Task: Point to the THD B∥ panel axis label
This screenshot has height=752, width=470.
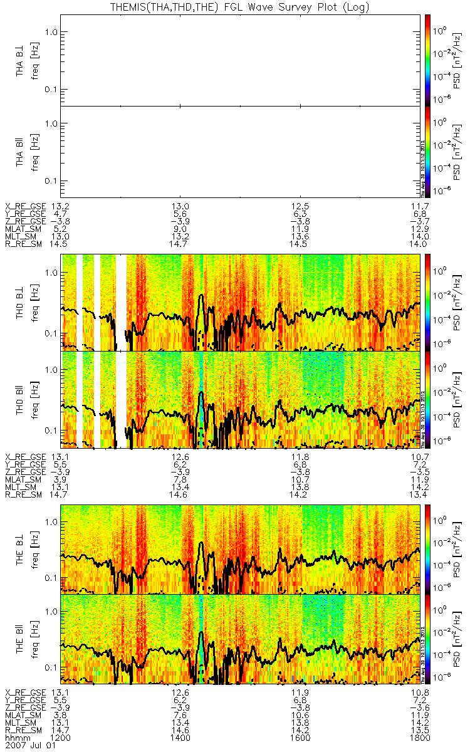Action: (20, 399)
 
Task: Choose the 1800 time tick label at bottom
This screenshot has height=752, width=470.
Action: (419, 738)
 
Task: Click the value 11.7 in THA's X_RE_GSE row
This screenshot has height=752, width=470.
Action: (419, 206)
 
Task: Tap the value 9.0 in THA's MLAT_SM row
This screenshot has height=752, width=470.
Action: (180, 229)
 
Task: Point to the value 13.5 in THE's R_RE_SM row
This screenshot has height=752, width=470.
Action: (419, 730)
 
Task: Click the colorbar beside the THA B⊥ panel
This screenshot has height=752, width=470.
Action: (427, 60)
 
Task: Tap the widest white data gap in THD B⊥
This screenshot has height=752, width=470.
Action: (121, 301)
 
